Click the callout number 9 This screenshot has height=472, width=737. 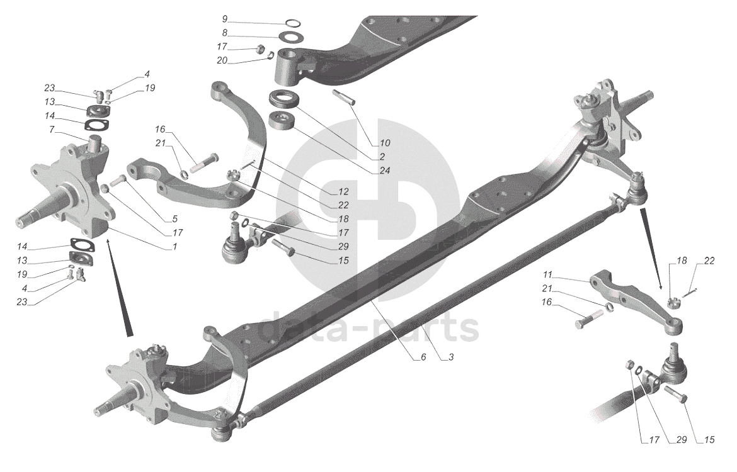coord(225,19)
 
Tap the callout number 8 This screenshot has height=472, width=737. coord(225,33)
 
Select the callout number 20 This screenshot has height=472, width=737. coord(222,61)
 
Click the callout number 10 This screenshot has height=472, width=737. coord(385,143)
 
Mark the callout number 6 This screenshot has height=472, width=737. coord(423,357)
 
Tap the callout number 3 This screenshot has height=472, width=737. coord(451,357)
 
